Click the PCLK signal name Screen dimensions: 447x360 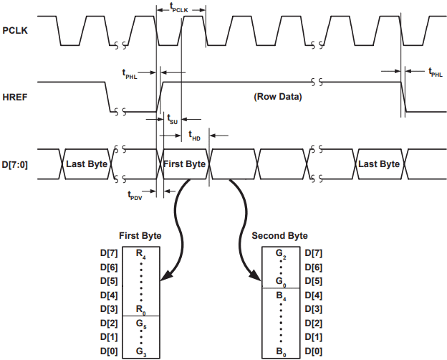tap(15, 31)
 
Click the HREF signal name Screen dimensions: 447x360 tap(15, 98)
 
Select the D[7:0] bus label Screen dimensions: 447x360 tap(15, 165)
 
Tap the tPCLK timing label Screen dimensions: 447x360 tap(179, 8)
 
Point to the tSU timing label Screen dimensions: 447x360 tap(172, 119)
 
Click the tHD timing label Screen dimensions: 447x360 tap(195, 136)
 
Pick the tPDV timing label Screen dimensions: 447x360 tap(135, 196)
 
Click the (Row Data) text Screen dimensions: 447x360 tap(278, 97)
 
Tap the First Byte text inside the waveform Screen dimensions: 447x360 tap(184, 164)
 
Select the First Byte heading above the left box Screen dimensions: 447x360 tap(140, 236)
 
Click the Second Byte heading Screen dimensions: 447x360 tap(279, 236)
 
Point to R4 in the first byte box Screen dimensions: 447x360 tap(141, 254)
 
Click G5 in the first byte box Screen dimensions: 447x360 tap(141, 324)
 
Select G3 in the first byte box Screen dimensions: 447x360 tap(141, 352)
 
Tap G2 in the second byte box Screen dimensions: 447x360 tap(281, 254)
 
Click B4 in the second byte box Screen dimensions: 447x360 tap(281, 296)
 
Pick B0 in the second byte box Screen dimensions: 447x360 tap(281, 352)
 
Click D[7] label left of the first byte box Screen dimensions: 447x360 tap(109, 253)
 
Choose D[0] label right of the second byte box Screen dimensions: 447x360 tap(314, 351)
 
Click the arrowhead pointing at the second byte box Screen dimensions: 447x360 tap(256, 276)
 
